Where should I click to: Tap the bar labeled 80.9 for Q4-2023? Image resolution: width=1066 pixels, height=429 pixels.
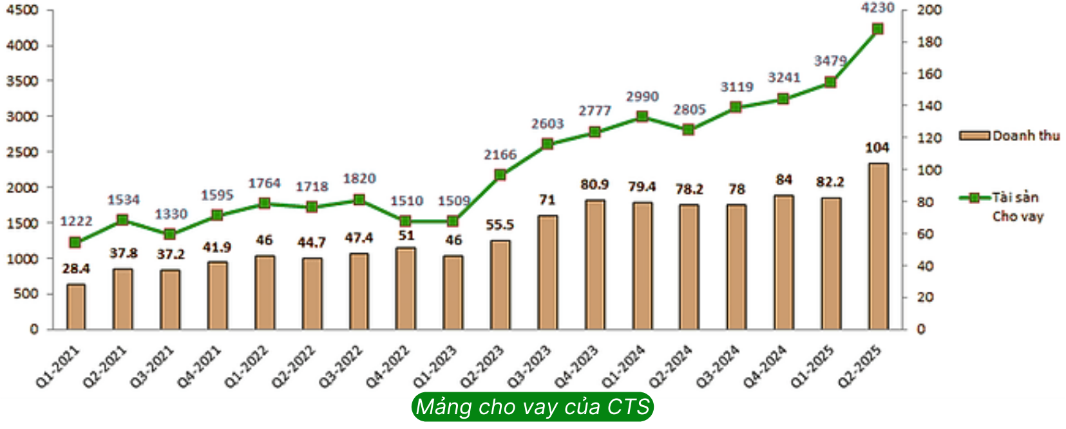595,265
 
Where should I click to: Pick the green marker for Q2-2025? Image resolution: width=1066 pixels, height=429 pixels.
877,29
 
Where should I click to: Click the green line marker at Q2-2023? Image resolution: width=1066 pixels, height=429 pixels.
500,175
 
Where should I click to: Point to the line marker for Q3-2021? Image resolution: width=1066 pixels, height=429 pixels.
170,234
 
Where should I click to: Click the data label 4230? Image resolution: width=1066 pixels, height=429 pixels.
877,8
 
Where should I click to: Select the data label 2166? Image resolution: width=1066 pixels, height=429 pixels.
500,155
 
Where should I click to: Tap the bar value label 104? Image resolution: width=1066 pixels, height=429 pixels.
877,148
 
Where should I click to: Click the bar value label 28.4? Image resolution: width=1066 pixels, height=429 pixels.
76,269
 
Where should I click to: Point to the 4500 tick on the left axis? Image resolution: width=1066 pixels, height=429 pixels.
22,10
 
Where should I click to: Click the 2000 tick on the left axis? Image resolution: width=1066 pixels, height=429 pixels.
22,187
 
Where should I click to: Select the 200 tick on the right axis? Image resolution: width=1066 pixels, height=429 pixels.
929,10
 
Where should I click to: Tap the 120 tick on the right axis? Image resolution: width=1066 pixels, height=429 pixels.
929,138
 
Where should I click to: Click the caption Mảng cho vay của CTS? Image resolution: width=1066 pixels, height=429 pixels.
532,407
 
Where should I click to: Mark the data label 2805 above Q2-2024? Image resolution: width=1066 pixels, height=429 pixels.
689,110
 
